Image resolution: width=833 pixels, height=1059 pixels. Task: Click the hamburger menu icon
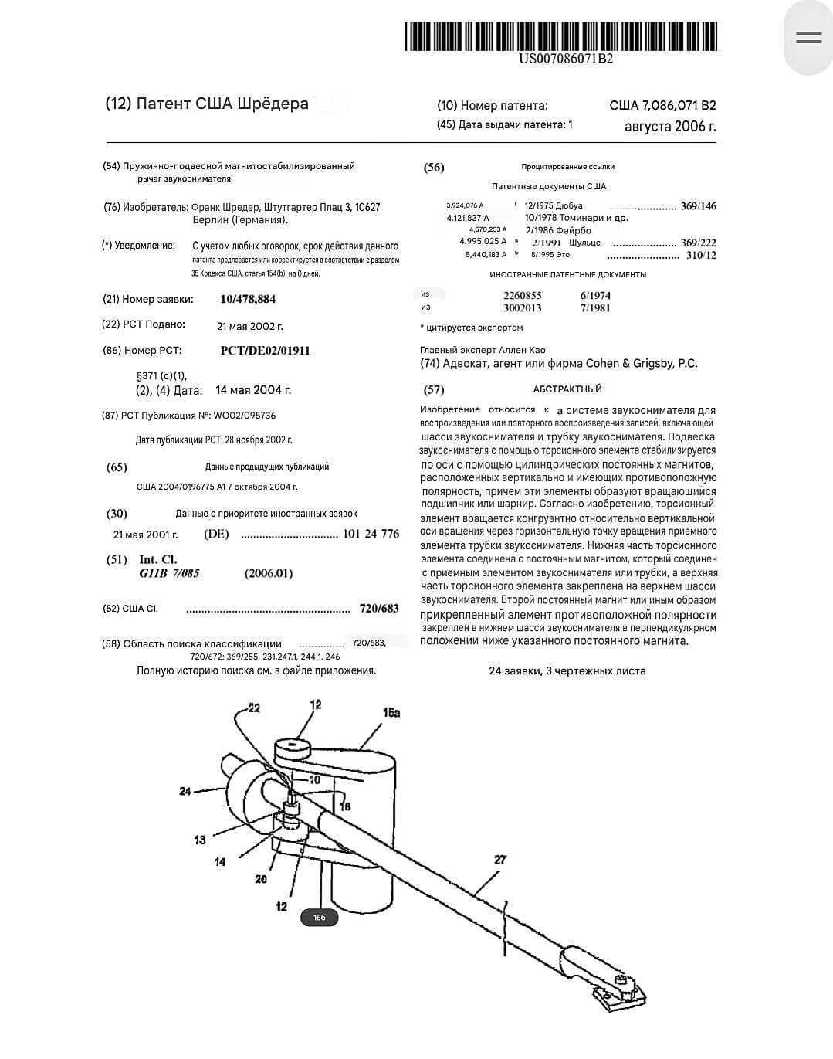click(808, 37)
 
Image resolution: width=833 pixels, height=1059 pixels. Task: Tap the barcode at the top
click(560, 36)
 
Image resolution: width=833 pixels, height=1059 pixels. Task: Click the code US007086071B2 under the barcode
click(566, 59)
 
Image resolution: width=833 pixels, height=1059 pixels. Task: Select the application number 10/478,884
click(248, 300)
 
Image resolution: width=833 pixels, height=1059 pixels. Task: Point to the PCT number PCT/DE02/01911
click(265, 351)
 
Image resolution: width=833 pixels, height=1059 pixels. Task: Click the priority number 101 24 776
click(371, 534)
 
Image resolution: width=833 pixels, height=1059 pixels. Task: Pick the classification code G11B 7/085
click(169, 573)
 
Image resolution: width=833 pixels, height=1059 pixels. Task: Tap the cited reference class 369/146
click(698, 206)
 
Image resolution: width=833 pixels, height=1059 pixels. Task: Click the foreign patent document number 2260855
click(523, 295)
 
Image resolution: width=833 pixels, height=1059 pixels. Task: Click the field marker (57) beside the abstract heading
click(434, 390)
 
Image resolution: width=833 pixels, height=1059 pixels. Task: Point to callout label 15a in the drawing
click(391, 712)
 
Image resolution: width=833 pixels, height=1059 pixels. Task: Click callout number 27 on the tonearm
click(500, 859)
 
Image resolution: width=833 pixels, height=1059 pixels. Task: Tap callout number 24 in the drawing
click(185, 791)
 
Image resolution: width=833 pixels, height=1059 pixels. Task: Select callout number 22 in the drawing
click(253, 708)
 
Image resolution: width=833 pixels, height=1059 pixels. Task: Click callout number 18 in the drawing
click(345, 806)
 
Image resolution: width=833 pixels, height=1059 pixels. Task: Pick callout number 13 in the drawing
click(200, 840)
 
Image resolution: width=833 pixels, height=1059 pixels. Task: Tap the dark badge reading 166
click(319, 918)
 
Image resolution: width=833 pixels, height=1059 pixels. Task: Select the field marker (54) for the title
click(111, 166)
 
